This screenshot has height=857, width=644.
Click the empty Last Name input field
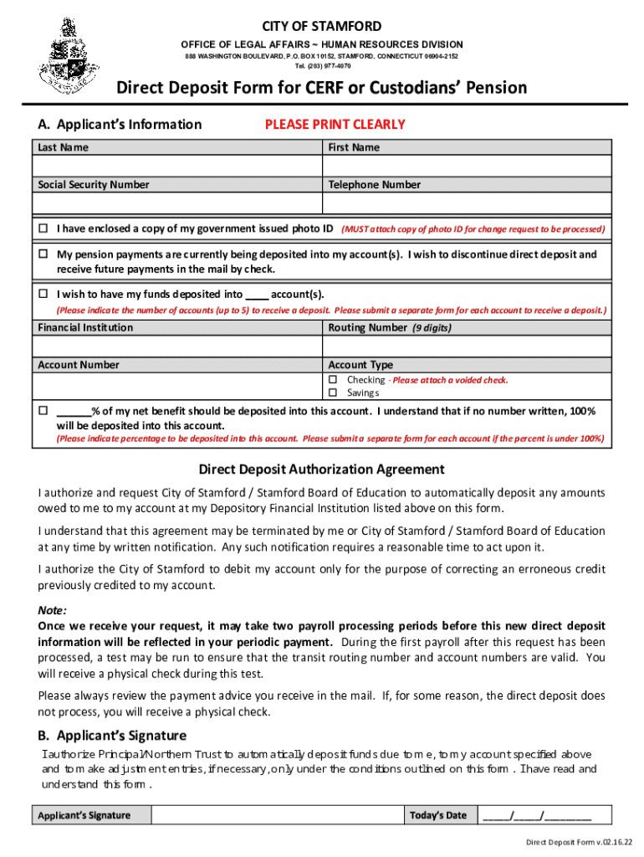tap(177, 166)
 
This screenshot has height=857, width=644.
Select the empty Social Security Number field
tap(177, 203)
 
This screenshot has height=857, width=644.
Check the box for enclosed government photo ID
tap(43, 228)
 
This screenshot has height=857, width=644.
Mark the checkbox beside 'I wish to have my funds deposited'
tap(43, 294)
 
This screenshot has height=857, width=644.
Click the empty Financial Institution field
tap(177, 346)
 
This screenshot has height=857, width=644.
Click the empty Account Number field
tap(177, 385)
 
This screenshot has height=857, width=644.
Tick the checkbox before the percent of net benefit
tap(43, 411)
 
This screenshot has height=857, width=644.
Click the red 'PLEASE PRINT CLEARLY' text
tap(335, 125)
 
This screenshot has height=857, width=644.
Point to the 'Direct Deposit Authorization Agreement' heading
tap(321, 470)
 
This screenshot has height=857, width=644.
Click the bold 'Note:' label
tap(53, 610)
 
